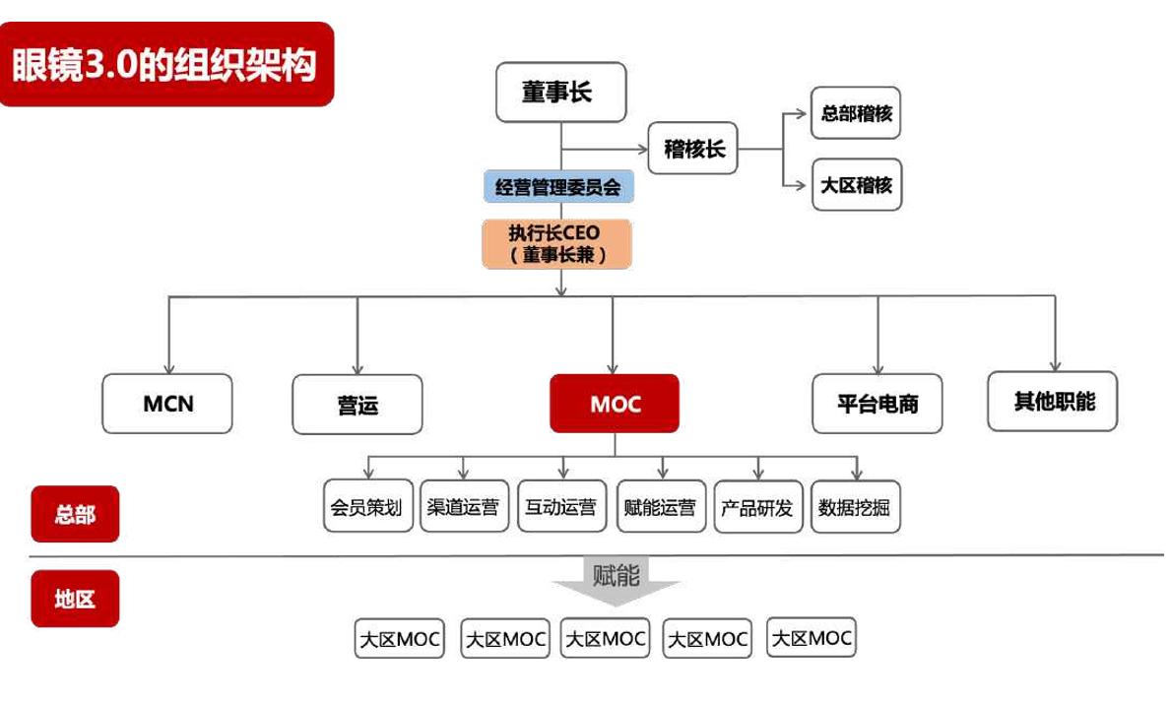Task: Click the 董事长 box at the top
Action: click(559, 93)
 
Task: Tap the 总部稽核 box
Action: click(856, 112)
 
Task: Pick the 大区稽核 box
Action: click(856, 184)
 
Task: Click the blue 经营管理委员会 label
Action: click(557, 186)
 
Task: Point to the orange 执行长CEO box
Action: click(556, 243)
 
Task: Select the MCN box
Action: click(167, 404)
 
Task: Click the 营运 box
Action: click(357, 405)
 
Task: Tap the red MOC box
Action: click(615, 404)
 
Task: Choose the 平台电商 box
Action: click(877, 404)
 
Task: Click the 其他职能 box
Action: click(1053, 401)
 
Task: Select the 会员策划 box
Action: click(367, 506)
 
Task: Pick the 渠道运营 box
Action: click(464, 506)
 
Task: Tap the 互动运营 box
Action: click(561, 506)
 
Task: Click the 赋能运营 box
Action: click(660, 506)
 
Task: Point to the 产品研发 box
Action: click(757, 506)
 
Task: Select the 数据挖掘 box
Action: click(855, 506)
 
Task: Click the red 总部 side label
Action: click(75, 514)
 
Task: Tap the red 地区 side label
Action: click(75, 599)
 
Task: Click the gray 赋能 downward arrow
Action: click(616, 581)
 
